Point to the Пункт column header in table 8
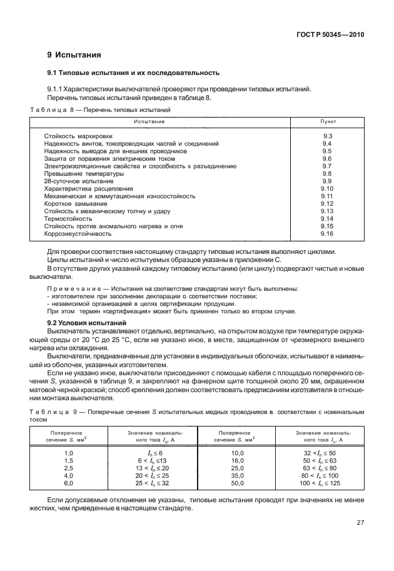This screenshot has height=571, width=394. coord(328,121)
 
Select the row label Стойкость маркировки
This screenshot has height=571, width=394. coord(78,136)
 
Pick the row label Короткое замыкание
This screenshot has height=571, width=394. coord(76,203)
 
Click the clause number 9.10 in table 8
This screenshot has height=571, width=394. coord(327,188)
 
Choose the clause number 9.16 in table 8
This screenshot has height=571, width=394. coord(327,233)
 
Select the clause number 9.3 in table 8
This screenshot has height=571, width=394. coord(327,136)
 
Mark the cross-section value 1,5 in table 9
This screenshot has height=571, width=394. coord(69,460)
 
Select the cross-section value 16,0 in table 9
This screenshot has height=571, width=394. coord(238,460)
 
